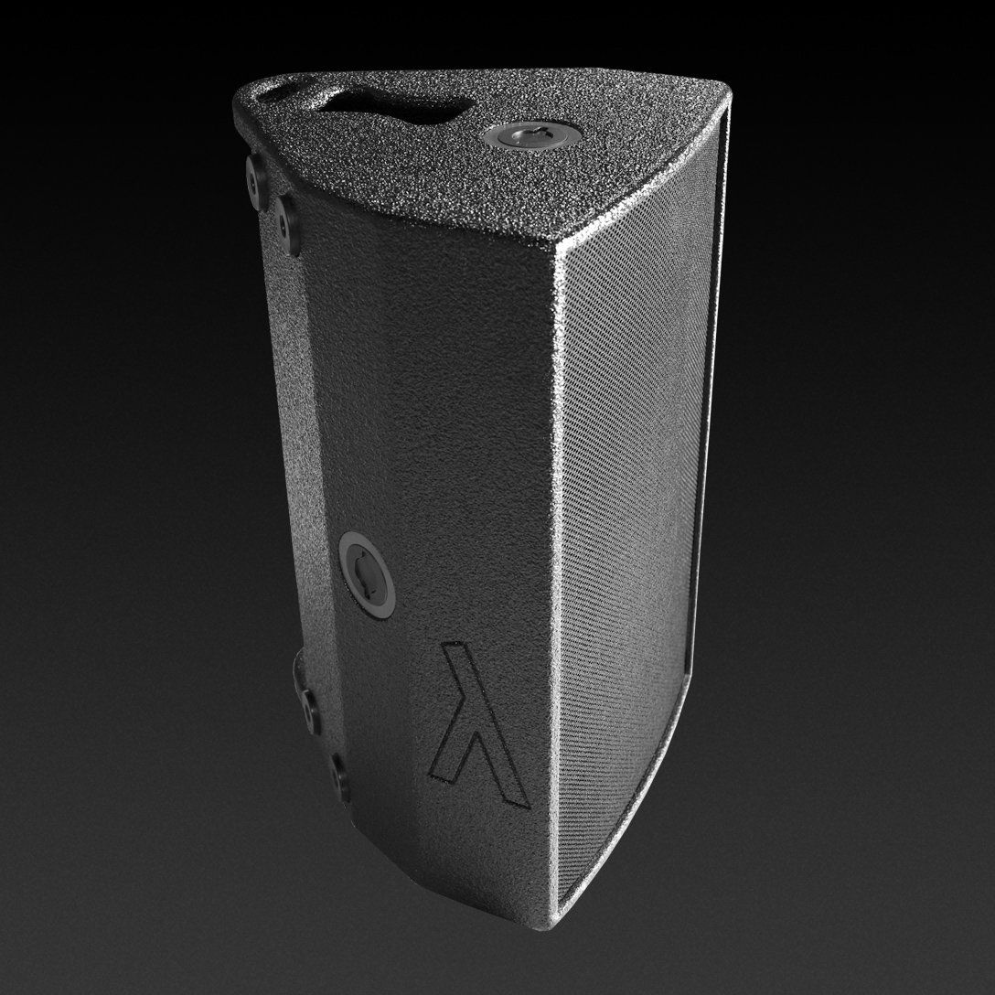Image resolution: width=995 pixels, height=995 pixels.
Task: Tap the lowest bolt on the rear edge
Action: point(339,780)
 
